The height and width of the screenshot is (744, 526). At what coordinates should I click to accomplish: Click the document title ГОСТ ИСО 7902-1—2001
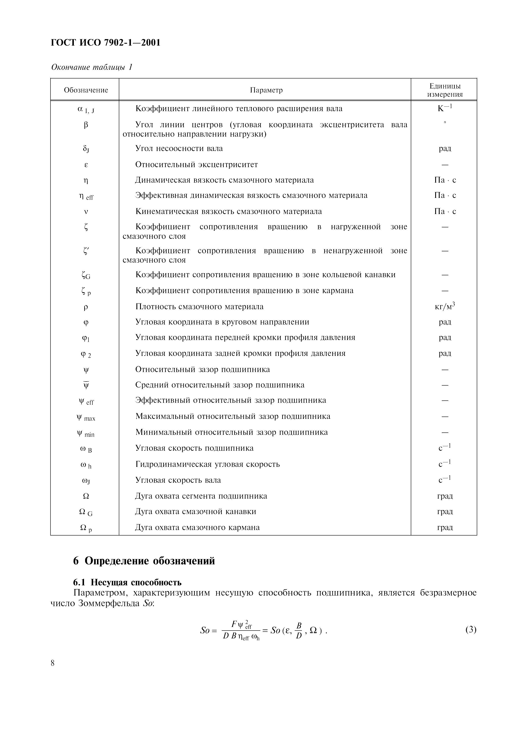pyautogui.click(x=106, y=43)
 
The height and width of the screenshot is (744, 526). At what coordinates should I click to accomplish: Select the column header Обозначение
pyautogui.click(x=86, y=90)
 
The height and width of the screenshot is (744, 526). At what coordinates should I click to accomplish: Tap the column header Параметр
pyautogui.click(x=266, y=90)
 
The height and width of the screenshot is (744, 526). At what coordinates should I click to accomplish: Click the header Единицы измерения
pyautogui.click(x=445, y=90)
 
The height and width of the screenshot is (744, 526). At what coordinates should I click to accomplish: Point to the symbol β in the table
pyautogui.click(x=86, y=125)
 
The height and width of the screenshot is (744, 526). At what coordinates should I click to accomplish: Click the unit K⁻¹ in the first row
pyautogui.click(x=445, y=108)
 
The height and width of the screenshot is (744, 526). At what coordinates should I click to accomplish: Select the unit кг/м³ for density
pyautogui.click(x=445, y=306)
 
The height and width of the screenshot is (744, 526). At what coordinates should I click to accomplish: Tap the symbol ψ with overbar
pyautogui.click(x=86, y=385)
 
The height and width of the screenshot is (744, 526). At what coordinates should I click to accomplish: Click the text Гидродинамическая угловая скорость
pyautogui.click(x=208, y=464)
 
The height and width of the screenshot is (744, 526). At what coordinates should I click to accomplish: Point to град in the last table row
pyautogui.click(x=445, y=527)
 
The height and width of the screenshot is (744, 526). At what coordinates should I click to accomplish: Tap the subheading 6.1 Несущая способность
pyautogui.click(x=127, y=582)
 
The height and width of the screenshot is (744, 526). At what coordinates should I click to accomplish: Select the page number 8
pyautogui.click(x=53, y=663)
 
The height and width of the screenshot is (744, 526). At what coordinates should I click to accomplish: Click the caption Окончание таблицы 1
pyautogui.click(x=92, y=67)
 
